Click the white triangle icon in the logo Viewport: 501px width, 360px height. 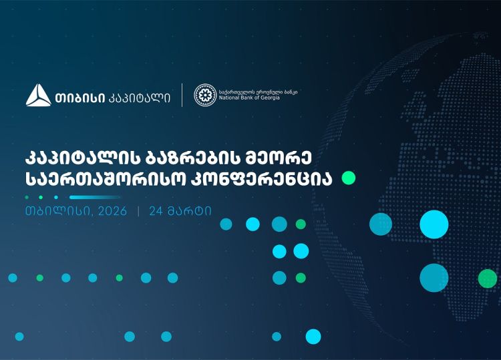(38, 96)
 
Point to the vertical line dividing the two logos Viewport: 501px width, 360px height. (182, 96)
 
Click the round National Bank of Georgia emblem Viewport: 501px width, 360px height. (204, 95)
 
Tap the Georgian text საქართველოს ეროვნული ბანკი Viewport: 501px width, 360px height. (258, 91)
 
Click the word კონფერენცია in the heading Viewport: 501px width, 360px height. (267, 179)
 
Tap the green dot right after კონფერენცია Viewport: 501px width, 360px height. (348, 178)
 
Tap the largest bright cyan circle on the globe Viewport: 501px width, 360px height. (434, 224)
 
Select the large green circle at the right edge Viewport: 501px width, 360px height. (488, 278)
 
